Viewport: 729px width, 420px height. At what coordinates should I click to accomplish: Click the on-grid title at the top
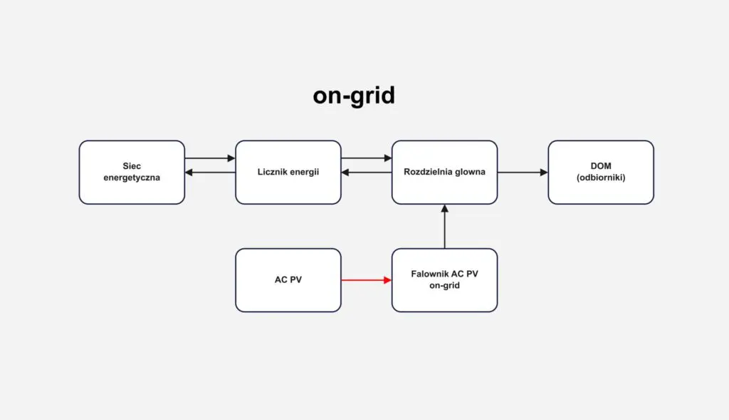pyautogui.click(x=354, y=96)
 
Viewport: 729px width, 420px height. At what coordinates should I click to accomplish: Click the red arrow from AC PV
pyautogui.click(x=367, y=280)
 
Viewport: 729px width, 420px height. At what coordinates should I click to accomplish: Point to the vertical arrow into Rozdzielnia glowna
pyautogui.click(x=445, y=226)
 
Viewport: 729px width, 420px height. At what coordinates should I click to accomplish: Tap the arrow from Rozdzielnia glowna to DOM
pyautogui.click(x=523, y=173)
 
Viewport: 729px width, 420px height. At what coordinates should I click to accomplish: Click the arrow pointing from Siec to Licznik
pyautogui.click(x=210, y=158)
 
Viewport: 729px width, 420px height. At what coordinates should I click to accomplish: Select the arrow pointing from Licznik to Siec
pyautogui.click(x=210, y=173)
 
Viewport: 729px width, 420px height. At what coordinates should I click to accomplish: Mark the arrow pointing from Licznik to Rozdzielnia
pyautogui.click(x=367, y=158)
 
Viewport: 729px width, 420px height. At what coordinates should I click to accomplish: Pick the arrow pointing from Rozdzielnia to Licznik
pyautogui.click(x=367, y=173)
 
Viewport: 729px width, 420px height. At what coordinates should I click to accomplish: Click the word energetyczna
pyautogui.click(x=132, y=178)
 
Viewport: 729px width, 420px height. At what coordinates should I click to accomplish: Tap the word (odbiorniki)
pyautogui.click(x=601, y=178)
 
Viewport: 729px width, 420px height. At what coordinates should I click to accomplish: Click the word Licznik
pyautogui.click(x=273, y=172)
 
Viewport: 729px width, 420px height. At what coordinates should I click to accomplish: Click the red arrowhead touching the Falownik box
pyautogui.click(x=388, y=280)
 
